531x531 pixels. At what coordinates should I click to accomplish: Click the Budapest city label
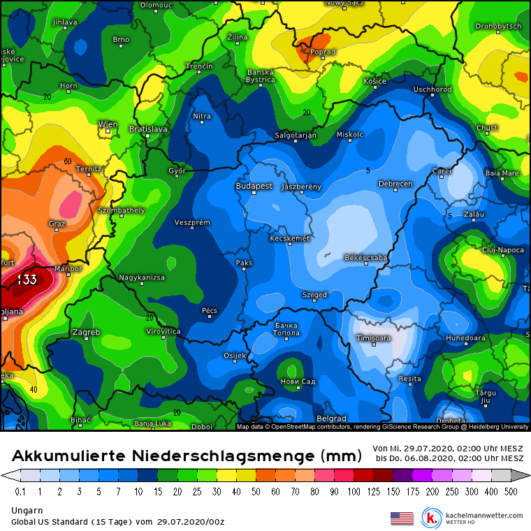pos(254,187)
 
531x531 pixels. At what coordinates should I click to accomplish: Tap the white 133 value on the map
pos(27,279)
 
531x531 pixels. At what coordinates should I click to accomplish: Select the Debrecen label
pos(395,184)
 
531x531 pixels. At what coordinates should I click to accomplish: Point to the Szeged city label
pos(314,295)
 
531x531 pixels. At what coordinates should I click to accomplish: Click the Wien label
pos(108,124)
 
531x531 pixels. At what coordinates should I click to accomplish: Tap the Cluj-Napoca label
pos(503,249)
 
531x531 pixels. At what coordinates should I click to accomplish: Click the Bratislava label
pos(148,129)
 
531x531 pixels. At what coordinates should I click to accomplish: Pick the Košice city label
pos(375,81)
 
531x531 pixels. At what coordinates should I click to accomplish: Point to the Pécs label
pos(210,310)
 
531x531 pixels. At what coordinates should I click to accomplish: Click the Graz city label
pos(57,224)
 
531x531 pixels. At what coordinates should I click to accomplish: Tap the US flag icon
pos(402,518)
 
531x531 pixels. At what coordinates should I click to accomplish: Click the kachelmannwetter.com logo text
pos(483,516)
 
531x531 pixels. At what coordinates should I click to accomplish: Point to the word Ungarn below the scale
pos(27,511)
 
